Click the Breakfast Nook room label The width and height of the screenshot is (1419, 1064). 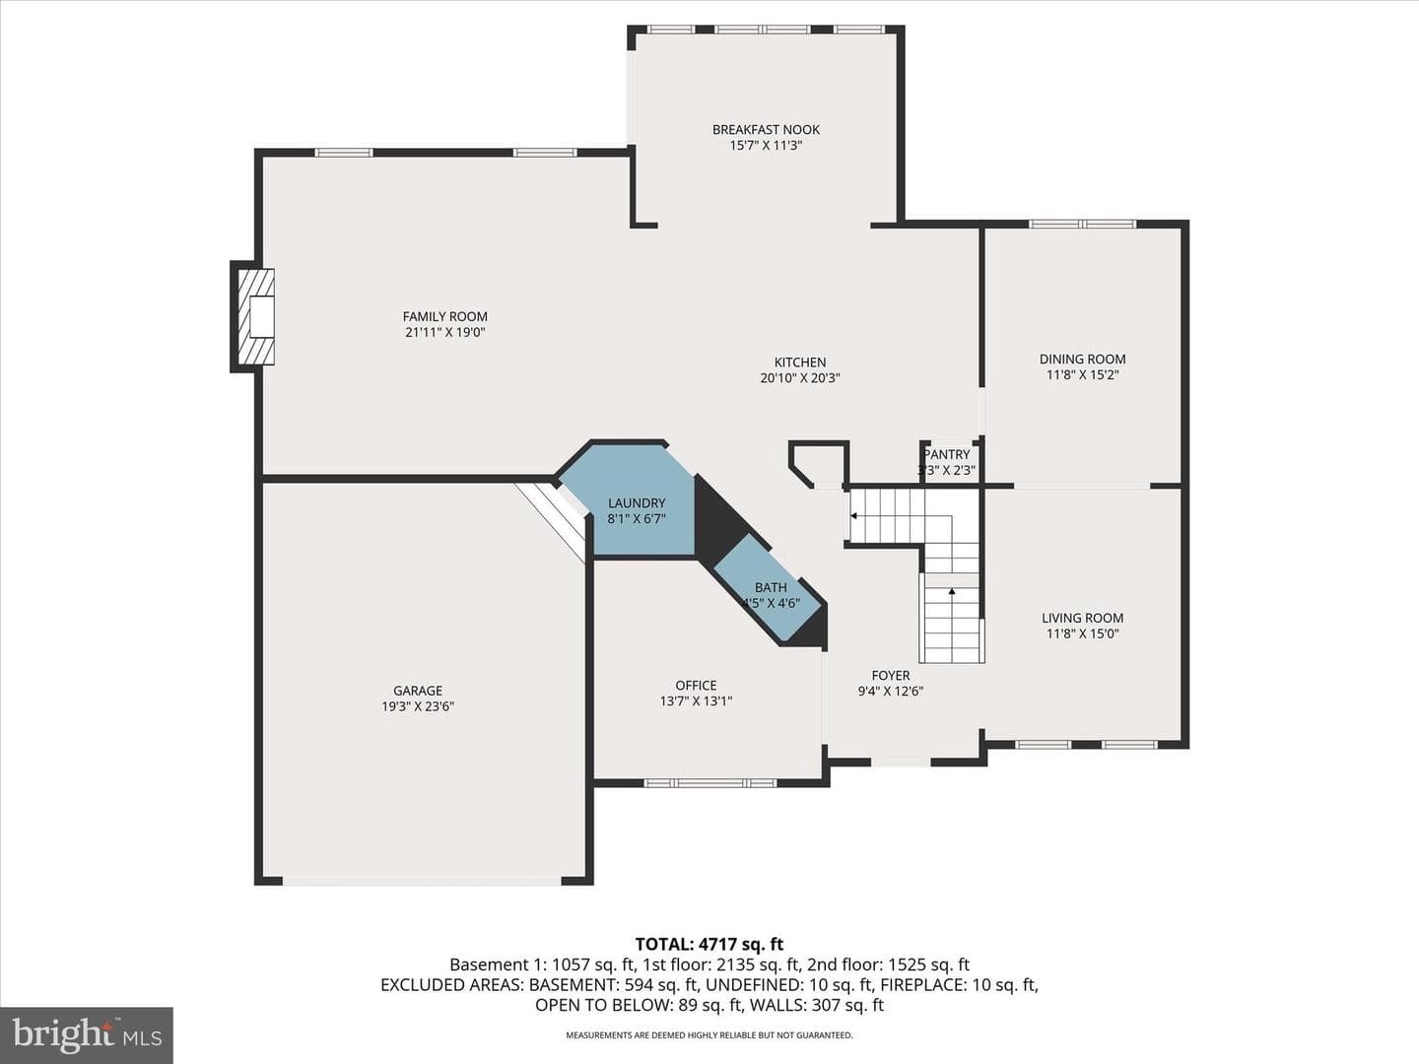coord(766,129)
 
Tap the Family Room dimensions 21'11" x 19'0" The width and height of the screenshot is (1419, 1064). coord(444,333)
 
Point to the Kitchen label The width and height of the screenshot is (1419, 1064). coord(800,363)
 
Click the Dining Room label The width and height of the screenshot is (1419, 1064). coord(1082,360)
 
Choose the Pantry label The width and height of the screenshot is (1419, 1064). coord(947,454)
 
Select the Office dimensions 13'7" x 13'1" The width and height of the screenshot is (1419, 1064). coord(697,700)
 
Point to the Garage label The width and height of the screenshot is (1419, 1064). coord(418,691)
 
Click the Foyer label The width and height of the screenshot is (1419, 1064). coord(891,676)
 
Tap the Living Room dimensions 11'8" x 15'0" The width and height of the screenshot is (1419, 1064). coord(1082,633)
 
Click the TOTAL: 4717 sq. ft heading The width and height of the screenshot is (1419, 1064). coord(709,945)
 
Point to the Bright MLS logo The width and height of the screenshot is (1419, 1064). coord(87,1035)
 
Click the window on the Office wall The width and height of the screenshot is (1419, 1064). coord(709,783)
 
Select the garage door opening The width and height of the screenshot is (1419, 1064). coord(422,881)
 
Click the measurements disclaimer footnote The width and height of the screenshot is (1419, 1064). coord(709,1034)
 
